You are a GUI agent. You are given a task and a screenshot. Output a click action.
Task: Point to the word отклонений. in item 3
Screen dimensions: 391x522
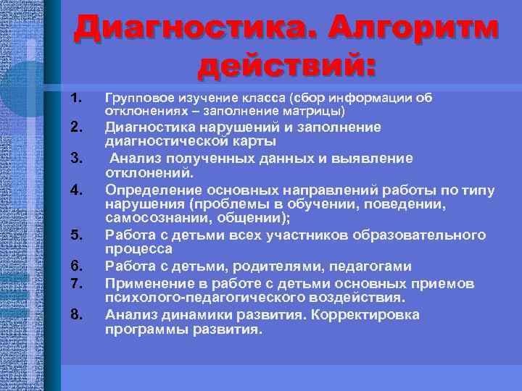(150, 173)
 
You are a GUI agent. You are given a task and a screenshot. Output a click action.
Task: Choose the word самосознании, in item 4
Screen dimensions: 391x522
(152, 218)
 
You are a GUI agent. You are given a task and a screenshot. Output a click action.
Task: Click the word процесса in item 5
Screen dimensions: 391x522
(136, 248)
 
